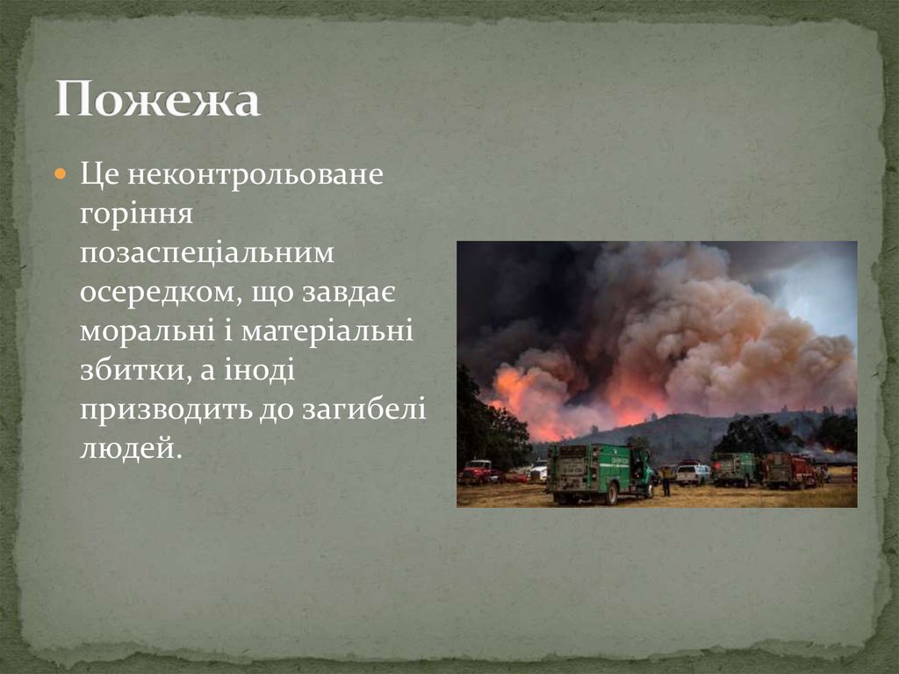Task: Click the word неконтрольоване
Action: coord(255,174)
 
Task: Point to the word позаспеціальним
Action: coord(208,253)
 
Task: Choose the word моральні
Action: coord(147,331)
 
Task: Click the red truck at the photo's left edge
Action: coord(478,473)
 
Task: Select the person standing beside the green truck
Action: coord(665,481)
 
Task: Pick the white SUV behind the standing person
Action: coord(693,475)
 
